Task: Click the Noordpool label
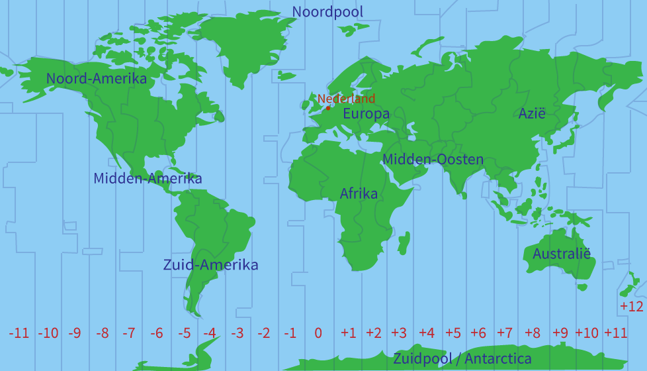(x=327, y=12)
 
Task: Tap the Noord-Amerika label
(x=97, y=79)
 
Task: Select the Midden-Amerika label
(x=148, y=178)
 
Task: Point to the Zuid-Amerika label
(x=210, y=265)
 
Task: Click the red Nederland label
(x=346, y=99)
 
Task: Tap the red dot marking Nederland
(x=328, y=108)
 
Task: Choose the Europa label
(x=366, y=114)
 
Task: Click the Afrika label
(x=359, y=193)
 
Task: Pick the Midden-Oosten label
(x=433, y=160)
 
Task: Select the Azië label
(x=532, y=113)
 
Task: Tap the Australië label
(x=561, y=254)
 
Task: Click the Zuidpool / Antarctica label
(x=462, y=359)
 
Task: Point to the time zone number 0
(x=318, y=333)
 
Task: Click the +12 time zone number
(x=631, y=306)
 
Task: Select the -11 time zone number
(x=19, y=333)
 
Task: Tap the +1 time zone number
(x=349, y=333)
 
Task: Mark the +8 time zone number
(x=532, y=333)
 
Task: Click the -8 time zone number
(x=102, y=333)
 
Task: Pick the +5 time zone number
(x=453, y=333)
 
